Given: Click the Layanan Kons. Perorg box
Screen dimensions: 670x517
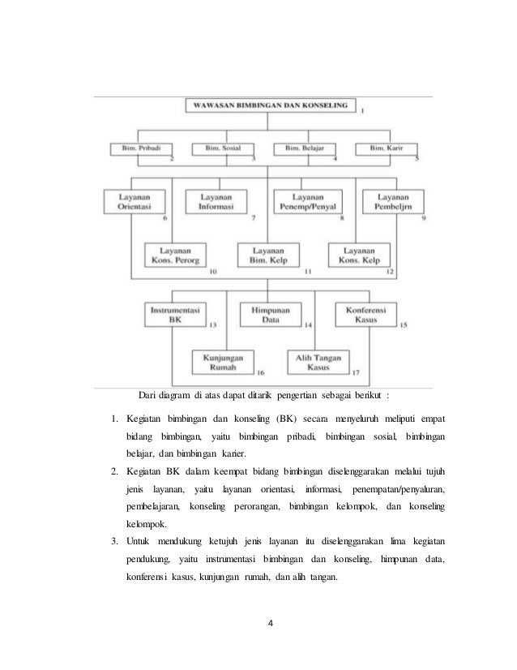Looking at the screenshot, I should click(x=174, y=256).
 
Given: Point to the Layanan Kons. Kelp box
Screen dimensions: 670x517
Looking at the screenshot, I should click(x=358, y=256).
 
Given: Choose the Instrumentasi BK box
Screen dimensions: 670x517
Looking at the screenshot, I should click(x=175, y=314).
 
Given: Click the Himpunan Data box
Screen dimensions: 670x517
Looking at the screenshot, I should click(x=269, y=314).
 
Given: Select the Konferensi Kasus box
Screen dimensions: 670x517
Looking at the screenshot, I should click(x=365, y=314).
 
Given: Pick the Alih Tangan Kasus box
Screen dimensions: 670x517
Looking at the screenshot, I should click(x=318, y=361).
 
